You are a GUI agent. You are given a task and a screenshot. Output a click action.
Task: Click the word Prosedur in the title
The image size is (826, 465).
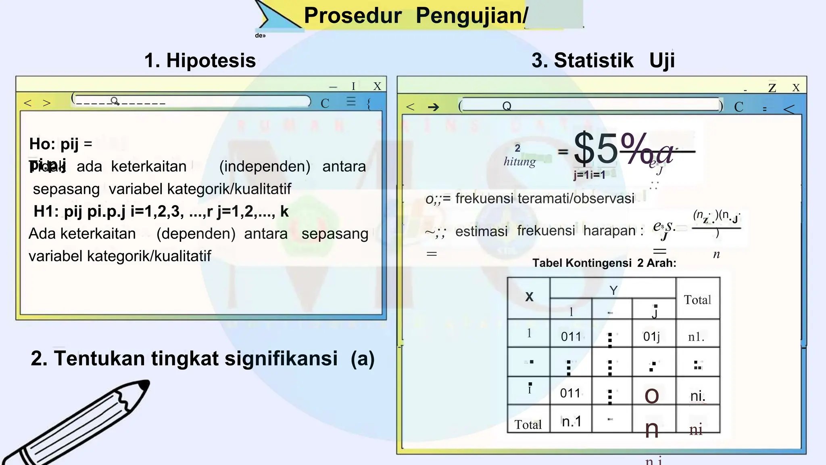coord(353,16)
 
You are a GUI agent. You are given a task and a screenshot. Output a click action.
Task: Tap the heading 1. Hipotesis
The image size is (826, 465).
coord(200,61)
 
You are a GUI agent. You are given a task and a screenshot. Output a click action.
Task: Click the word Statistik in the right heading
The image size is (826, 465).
coord(594,61)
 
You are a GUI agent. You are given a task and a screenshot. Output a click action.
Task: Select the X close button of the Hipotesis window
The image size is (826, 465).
coord(377,86)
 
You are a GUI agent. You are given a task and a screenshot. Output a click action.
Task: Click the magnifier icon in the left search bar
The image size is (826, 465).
coord(115,101)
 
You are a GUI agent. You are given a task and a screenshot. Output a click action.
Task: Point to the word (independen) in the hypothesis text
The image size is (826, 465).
coord(265,166)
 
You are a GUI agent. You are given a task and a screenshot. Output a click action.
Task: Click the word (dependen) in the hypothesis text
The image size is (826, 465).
coord(196,234)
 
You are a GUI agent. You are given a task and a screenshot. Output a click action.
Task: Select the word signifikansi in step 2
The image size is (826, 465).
coord(281,358)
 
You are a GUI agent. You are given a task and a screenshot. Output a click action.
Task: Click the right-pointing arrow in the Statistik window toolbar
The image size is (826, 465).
coord(433,107)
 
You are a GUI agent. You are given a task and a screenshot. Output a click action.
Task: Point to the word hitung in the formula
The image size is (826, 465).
coord(519,161)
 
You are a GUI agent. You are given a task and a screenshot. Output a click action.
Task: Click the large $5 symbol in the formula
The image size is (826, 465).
coord(596,149)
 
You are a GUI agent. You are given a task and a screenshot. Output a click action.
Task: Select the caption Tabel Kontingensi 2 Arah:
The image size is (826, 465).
coord(604,263)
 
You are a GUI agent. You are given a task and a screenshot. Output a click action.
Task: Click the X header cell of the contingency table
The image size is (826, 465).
coord(529,297)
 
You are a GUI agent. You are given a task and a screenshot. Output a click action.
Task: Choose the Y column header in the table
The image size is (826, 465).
coord(613,290)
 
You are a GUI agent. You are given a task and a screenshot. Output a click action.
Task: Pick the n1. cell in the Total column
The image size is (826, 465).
coord(696,337)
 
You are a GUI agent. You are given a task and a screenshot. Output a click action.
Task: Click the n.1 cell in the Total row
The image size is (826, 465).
coord(572,421)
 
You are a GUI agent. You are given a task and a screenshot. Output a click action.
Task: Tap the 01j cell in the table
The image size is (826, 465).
coord(651,336)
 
